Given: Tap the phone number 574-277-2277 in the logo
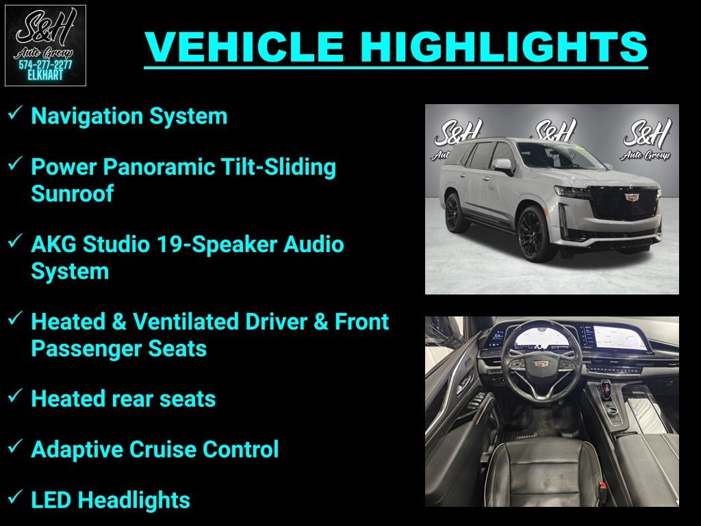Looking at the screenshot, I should click(x=45, y=65).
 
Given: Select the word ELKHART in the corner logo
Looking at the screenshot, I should click(x=45, y=75).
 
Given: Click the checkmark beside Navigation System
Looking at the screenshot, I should click(x=15, y=114).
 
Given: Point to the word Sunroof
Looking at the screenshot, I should click(x=72, y=194).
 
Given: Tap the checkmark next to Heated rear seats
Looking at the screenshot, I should click(x=15, y=397).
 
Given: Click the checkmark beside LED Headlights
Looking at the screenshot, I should click(x=15, y=498).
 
